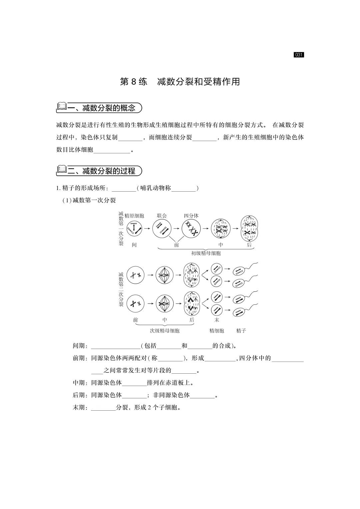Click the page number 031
click(x=299, y=55)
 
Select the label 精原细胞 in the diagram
click(x=134, y=216)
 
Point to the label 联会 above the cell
click(x=162, y=216)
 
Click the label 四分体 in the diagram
click(x=191, y=216)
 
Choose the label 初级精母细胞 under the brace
click(x=206, y=253)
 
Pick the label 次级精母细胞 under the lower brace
click(x=165, y=331)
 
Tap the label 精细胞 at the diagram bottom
click(x=217, y=331)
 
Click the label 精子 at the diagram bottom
click(x=241, y=331)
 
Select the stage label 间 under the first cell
click(x=134, y=245)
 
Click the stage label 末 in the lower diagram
click(x=217, y=320)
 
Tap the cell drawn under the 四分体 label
click(x=192, y=228)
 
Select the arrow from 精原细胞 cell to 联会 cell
click(x=147, y=228)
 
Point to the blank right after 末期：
click(x=103, y=408)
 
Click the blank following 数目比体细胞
click(x=112, y=150)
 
